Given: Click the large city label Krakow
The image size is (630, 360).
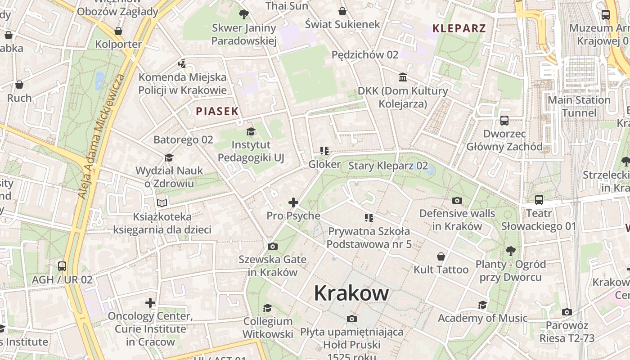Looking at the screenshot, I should point(351,293).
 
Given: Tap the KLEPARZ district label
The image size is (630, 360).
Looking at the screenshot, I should point(459,28).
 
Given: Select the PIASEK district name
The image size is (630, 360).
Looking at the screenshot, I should point(217,111).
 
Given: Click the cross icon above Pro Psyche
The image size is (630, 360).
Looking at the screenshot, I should point(293,202).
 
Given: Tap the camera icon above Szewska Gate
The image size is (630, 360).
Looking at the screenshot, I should point(272,246).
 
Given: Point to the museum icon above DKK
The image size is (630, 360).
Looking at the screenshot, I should point(403,77).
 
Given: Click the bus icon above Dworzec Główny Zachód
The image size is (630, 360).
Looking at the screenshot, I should point(504,121).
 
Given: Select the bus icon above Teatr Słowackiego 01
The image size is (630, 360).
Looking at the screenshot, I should point(539,200).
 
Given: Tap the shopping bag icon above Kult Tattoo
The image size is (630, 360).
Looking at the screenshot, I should point(441,256).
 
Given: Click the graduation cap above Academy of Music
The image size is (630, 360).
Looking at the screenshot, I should point(482,305).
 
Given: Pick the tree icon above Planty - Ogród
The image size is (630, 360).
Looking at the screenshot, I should point(510,251).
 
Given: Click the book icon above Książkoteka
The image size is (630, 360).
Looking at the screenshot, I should point(162,203).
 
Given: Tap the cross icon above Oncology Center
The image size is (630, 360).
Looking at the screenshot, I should point(150,303).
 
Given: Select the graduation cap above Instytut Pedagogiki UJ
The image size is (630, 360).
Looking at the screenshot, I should point(251,131).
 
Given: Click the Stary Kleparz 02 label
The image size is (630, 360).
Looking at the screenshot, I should point(388,166).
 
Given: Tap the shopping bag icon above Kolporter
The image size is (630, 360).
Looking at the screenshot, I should point(118,31).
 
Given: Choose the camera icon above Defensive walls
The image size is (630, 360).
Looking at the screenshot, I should point(457,200).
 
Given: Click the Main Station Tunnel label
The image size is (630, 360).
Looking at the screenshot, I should point(579,106).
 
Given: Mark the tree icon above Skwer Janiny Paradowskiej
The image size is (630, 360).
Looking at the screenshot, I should point(244,14).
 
